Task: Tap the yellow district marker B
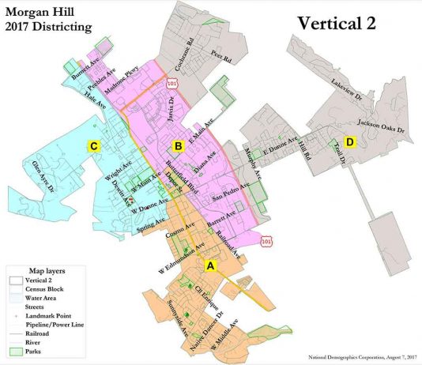tap(179, 145)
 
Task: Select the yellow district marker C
tap(94, 146)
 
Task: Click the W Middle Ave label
tap(224, 341)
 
